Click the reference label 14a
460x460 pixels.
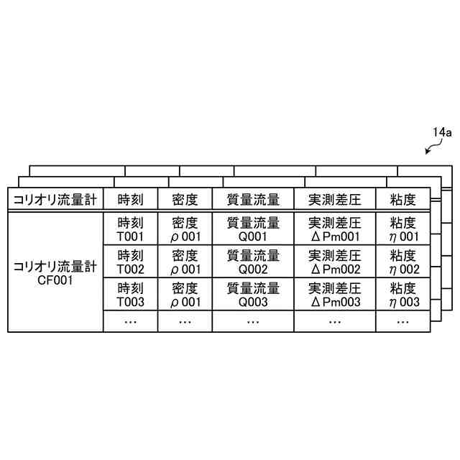441,132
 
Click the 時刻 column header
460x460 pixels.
130,199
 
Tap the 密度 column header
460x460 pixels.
185,199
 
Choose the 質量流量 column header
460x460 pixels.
252,199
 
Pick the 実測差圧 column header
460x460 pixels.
334,199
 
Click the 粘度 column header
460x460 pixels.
403,199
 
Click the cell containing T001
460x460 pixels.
130,229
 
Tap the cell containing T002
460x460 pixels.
130,262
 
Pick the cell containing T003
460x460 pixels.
130,295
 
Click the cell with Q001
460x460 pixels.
252,229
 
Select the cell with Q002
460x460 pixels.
252,262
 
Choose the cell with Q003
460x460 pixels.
252,295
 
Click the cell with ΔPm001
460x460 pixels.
334,229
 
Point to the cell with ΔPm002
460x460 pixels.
334,262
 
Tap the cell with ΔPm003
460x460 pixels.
334,295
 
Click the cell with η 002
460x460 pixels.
403,262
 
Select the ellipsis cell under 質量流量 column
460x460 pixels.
252,321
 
